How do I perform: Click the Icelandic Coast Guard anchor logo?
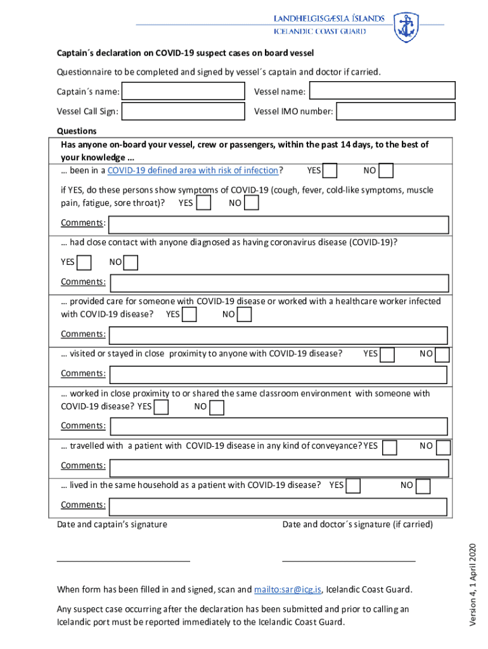tap(406, 27)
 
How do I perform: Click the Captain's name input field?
tap(183, 92)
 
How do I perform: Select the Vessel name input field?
tap(382, 91)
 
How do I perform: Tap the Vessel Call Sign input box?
tap(183, 112)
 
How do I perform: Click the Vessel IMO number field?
tap(395, 112)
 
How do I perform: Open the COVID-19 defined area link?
tap(193, 170)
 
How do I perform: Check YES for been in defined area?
tap(330, 170)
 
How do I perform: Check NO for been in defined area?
tap(386, 170)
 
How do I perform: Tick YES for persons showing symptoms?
tap(204, 203)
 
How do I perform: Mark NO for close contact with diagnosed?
tap(131, 262)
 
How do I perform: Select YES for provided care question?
tap(189, 314)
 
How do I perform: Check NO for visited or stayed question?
tap(442, 354)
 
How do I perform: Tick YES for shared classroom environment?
tap(162, 406)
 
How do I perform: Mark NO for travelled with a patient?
tap(443, 447)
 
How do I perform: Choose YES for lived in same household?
tap(354, 485)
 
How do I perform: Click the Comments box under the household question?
tap(279, 506)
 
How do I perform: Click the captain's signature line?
tap(124, 560)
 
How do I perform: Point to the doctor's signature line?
tap(349, 560)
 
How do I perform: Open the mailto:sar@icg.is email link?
tap(288, 589)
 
